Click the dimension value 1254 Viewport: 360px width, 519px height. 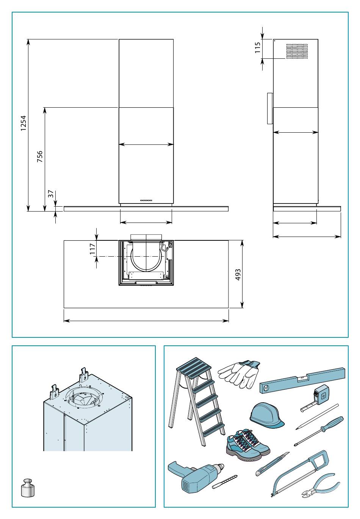[x=23, y=123]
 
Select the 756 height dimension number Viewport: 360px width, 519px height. [x=40, y=157]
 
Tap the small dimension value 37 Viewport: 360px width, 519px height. [x=51, y=194]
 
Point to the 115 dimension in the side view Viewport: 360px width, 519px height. [x=258, y=47]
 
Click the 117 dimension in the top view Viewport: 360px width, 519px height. [x=92, y=249]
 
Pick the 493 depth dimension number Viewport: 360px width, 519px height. [x=238, y=275]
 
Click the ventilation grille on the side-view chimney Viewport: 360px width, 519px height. [x=297, y=51]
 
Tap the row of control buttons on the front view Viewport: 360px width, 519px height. [x=146, y=200]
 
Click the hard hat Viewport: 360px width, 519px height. [x=267, y=415]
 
